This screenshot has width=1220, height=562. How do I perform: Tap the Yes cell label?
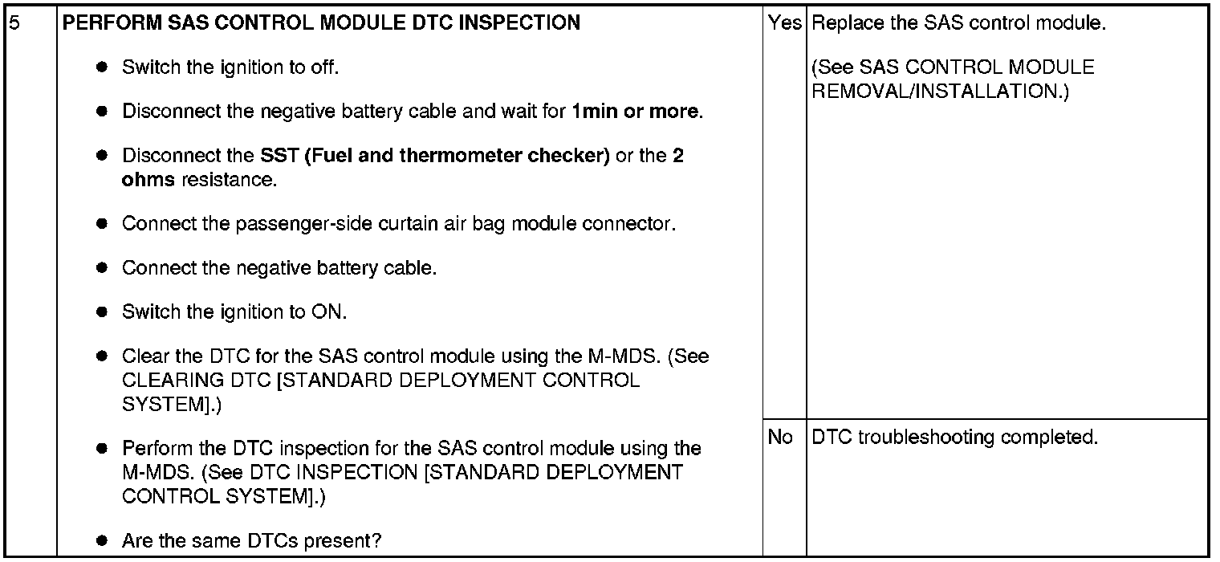(x=784, y=23)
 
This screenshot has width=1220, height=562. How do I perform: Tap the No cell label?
(x=780, y=438)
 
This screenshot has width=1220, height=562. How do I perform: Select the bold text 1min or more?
(x=636, y=112)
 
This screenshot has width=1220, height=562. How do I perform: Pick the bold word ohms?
(x=148, y=179)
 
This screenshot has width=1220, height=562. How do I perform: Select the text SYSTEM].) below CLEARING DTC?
(x=171, y=404)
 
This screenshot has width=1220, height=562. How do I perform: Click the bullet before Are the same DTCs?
(x=101, y=541)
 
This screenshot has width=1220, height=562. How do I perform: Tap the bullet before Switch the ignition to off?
(x=101, y=67)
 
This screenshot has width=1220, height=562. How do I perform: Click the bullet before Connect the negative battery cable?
(x=101, y=268)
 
